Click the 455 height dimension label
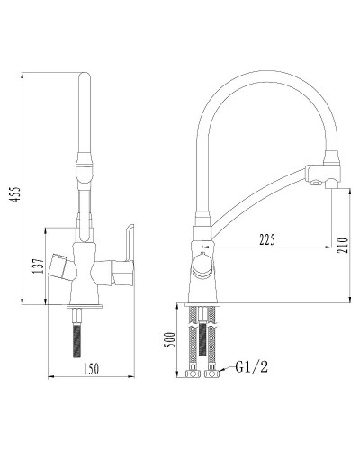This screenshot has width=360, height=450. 15,194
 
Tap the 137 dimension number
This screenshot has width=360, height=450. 38,265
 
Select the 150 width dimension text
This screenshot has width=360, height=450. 90,369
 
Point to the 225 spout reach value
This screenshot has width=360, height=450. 266,239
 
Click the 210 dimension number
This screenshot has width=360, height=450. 343,246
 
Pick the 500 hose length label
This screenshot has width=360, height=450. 171,339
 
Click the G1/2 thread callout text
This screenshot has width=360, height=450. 251,367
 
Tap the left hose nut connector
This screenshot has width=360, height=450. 193,373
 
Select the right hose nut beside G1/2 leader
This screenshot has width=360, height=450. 211,373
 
